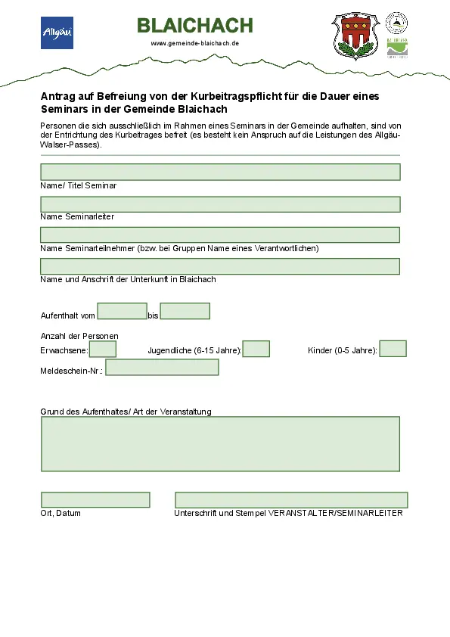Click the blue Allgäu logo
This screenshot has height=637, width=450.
coord(57,33)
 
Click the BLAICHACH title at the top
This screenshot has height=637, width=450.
coord(195,26)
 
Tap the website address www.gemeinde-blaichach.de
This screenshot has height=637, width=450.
coord(195,43)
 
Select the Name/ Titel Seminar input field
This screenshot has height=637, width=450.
coord(220,172)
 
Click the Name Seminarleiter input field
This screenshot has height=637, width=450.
coord(220,204)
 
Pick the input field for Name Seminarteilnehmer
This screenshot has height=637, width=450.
coord(220,235)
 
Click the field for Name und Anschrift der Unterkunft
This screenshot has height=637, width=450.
coord(220,266)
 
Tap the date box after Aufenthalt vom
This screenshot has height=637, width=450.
coord(122,311)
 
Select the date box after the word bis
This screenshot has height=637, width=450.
coord(185,311)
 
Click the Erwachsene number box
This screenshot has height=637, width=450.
coord(103,349)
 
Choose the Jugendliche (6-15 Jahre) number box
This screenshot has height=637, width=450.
coord(256,349)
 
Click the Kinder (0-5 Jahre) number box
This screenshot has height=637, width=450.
coord(393,349)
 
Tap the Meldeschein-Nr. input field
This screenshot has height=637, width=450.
coord(162,368)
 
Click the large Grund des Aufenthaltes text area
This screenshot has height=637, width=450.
coord(220,443)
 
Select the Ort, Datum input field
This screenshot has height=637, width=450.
coord(95,500)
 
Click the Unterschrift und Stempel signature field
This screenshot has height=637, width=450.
coord(291,500)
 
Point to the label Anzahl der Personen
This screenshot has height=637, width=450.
coord(79,336)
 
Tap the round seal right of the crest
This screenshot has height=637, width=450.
coord(396,22)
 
